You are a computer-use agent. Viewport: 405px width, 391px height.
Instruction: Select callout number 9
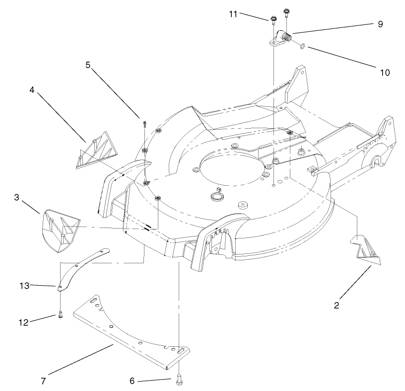coord(380,24)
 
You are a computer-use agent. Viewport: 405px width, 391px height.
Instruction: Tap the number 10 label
coord(385,72)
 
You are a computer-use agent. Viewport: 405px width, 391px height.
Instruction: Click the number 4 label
coord(31,90)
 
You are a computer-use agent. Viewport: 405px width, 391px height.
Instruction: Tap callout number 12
coord(23,321)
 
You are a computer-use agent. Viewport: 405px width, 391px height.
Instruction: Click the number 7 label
coord(43,381)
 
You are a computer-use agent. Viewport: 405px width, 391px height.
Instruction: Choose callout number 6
coord(132,381)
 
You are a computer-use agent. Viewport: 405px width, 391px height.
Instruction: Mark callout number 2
coord(336,306)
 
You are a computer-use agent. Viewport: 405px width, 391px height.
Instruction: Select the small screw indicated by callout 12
coord(60,314)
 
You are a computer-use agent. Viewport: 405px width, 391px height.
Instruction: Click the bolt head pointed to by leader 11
coord(273,20)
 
